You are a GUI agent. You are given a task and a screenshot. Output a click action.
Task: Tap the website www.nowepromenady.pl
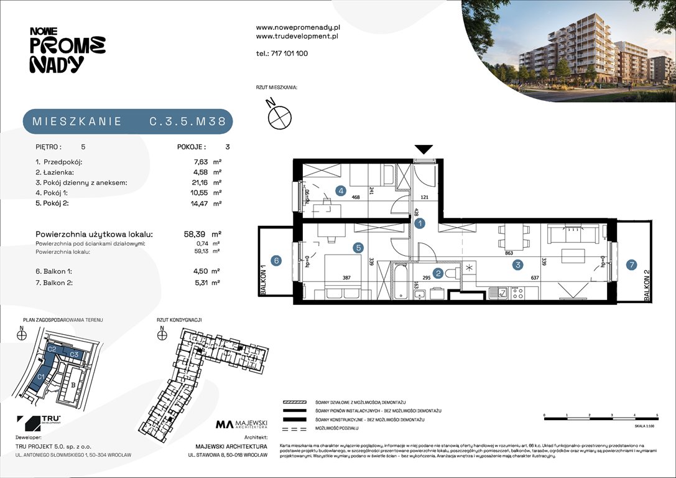click(297, 27)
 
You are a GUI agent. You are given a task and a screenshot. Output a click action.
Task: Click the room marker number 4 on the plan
click(341, 191)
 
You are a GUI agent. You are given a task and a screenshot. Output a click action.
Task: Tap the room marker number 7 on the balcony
click(631, 264)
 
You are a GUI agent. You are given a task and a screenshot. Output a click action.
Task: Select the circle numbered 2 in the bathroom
click(438, 273)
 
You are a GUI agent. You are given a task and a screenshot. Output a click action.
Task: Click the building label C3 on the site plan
click(73, 355)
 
